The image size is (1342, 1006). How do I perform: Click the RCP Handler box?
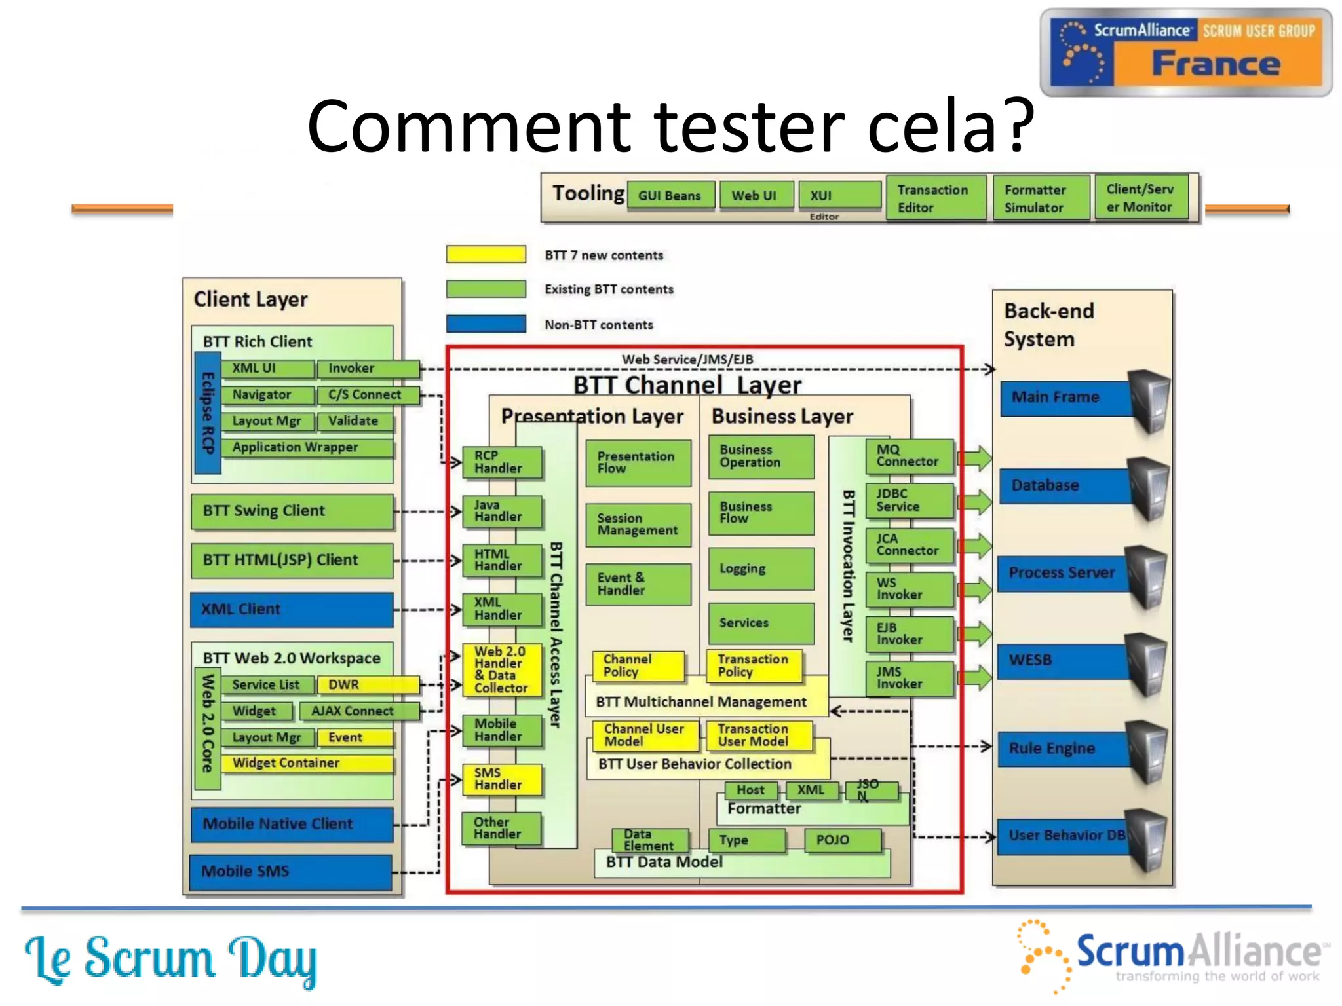[x=501, y=462]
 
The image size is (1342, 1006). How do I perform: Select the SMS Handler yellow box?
[x=501, y=779]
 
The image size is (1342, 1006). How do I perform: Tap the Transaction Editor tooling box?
[x=935, y=198]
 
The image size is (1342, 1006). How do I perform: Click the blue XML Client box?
[x=292, y=609]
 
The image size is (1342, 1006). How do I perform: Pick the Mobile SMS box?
[x=290, y=872]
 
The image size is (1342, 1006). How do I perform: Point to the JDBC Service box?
[x=909, y=500]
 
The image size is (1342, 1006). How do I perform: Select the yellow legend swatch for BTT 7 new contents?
[x=486, y=255]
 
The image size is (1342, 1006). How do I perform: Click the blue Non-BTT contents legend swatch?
[x=486, y=324]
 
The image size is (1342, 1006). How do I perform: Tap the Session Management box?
[x=638, y=525]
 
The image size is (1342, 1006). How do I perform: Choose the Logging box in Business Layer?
[x=761, y=568]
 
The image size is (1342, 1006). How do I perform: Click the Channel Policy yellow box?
[x=638, y=665]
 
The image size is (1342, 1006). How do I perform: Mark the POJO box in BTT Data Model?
[x=842, y=840]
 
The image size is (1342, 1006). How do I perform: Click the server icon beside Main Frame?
[x=1150, y=400]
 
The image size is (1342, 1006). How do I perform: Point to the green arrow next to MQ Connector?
[x=976, y=458]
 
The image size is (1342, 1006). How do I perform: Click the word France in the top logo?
[x=1216, y=64]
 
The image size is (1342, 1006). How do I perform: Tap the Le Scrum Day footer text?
[x=170, y=959]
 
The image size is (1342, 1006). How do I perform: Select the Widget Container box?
[x=306, y=764]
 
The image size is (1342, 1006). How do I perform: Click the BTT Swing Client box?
[x=292, y=511]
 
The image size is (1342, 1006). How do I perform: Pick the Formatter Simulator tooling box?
[x=1041, y=198]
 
